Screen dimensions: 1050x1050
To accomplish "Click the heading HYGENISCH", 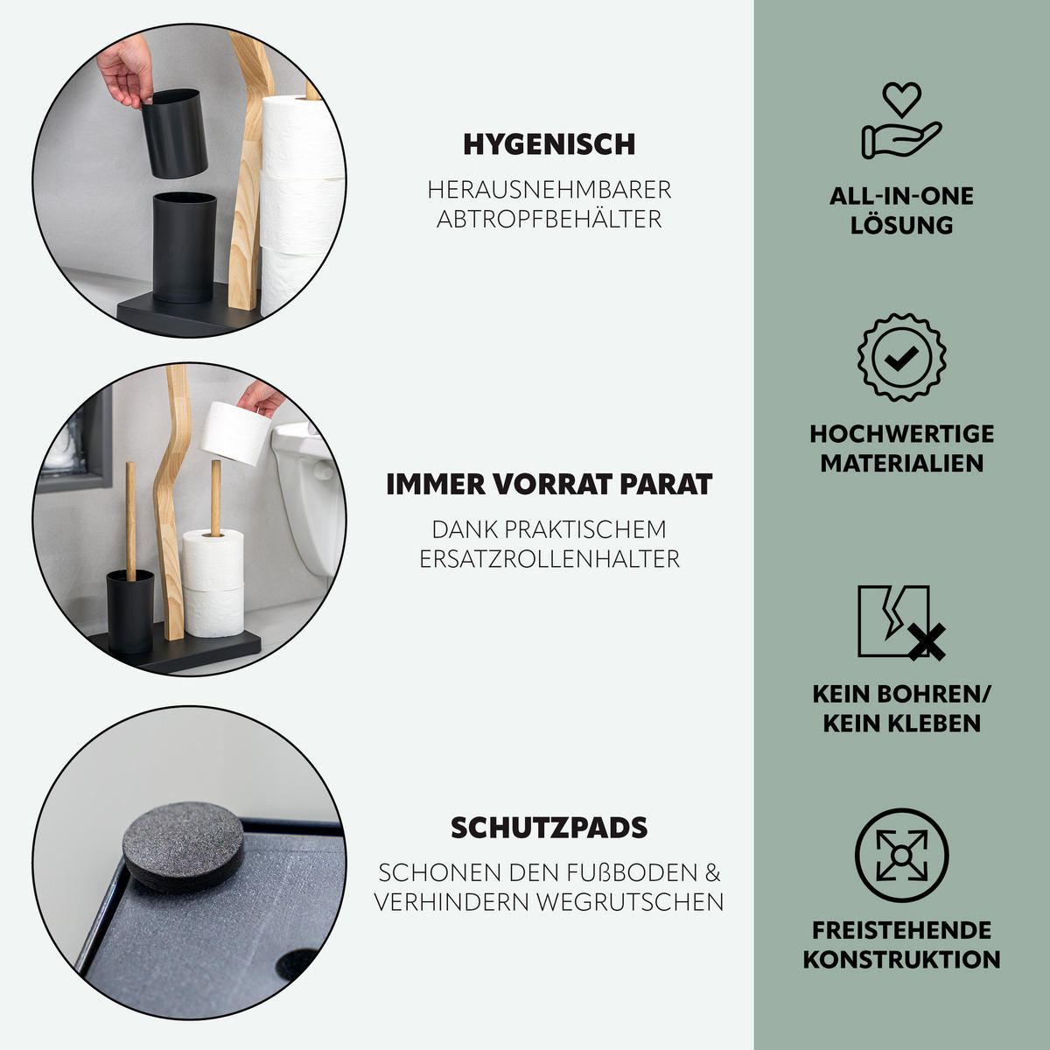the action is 549,144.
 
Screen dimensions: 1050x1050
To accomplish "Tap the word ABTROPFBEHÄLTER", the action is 549,218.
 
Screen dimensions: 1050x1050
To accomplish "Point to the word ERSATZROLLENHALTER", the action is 549,559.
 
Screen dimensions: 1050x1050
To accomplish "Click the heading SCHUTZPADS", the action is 549,828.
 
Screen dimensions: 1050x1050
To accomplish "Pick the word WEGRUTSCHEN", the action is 630,902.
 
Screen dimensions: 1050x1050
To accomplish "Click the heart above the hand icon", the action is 902,99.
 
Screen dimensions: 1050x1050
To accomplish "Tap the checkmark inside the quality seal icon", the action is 901,358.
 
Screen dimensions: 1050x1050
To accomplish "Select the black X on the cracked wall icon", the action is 927,642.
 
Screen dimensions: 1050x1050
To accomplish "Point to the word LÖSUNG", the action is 902,225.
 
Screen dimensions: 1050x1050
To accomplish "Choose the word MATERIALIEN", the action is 902,463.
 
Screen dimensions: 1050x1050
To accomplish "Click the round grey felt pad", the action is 183,845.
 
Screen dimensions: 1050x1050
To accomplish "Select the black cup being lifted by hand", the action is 175,134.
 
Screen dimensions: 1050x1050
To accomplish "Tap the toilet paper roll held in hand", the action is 235,433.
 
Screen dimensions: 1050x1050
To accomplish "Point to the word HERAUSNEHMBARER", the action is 549,190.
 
